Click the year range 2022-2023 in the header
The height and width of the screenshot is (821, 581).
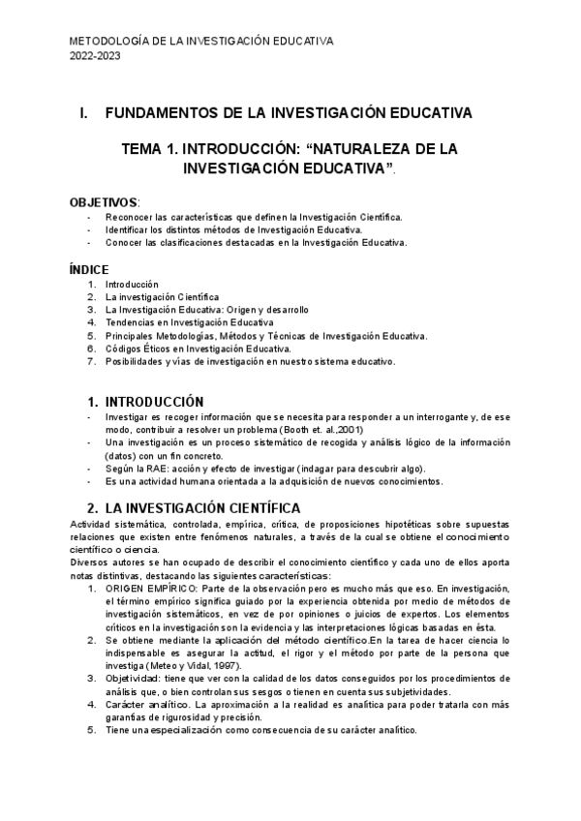tap(96, 56)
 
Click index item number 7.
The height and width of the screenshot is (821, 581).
tap(91, 361)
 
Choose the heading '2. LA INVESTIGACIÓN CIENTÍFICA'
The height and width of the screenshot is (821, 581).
tap(194, 507)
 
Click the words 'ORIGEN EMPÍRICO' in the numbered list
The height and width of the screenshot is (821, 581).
tap(146, 589)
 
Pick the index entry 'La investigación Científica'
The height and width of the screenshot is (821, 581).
tap(163, 296)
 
